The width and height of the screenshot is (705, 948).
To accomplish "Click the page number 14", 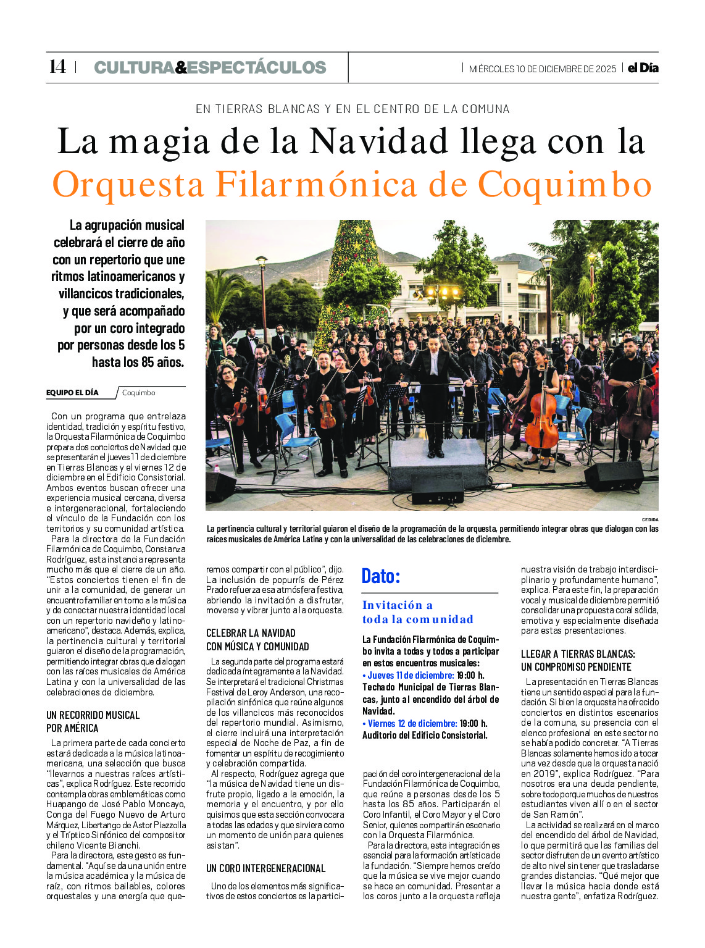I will point(57,67).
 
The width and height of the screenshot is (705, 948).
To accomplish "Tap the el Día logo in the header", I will point(643,68).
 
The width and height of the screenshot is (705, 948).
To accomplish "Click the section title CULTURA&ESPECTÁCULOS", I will point(210,67).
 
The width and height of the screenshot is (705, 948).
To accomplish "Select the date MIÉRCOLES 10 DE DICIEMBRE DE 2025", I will point(542,69).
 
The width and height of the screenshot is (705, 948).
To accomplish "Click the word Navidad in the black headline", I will point(378,141).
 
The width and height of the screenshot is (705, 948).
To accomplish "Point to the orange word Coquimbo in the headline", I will point(565,184).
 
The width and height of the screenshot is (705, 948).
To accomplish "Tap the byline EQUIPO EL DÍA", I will point(72,393).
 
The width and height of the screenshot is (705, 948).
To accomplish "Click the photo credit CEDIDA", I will point(649,519).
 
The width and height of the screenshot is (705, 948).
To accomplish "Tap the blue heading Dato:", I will point(381,576).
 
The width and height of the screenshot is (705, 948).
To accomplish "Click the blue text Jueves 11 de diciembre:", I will point(408,675).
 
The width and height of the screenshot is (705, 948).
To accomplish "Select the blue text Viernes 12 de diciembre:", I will point(409,723).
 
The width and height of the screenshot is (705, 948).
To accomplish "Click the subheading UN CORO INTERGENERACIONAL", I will point(265,868).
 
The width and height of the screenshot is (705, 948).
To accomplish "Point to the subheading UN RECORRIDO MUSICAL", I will point(93,715).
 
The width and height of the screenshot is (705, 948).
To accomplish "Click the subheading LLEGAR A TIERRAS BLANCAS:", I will point(578,654).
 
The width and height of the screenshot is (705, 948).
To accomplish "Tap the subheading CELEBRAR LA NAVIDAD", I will point(251,633).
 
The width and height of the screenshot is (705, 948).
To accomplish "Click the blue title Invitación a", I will point(398,605).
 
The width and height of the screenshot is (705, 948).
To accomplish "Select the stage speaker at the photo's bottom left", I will point(220,486).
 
